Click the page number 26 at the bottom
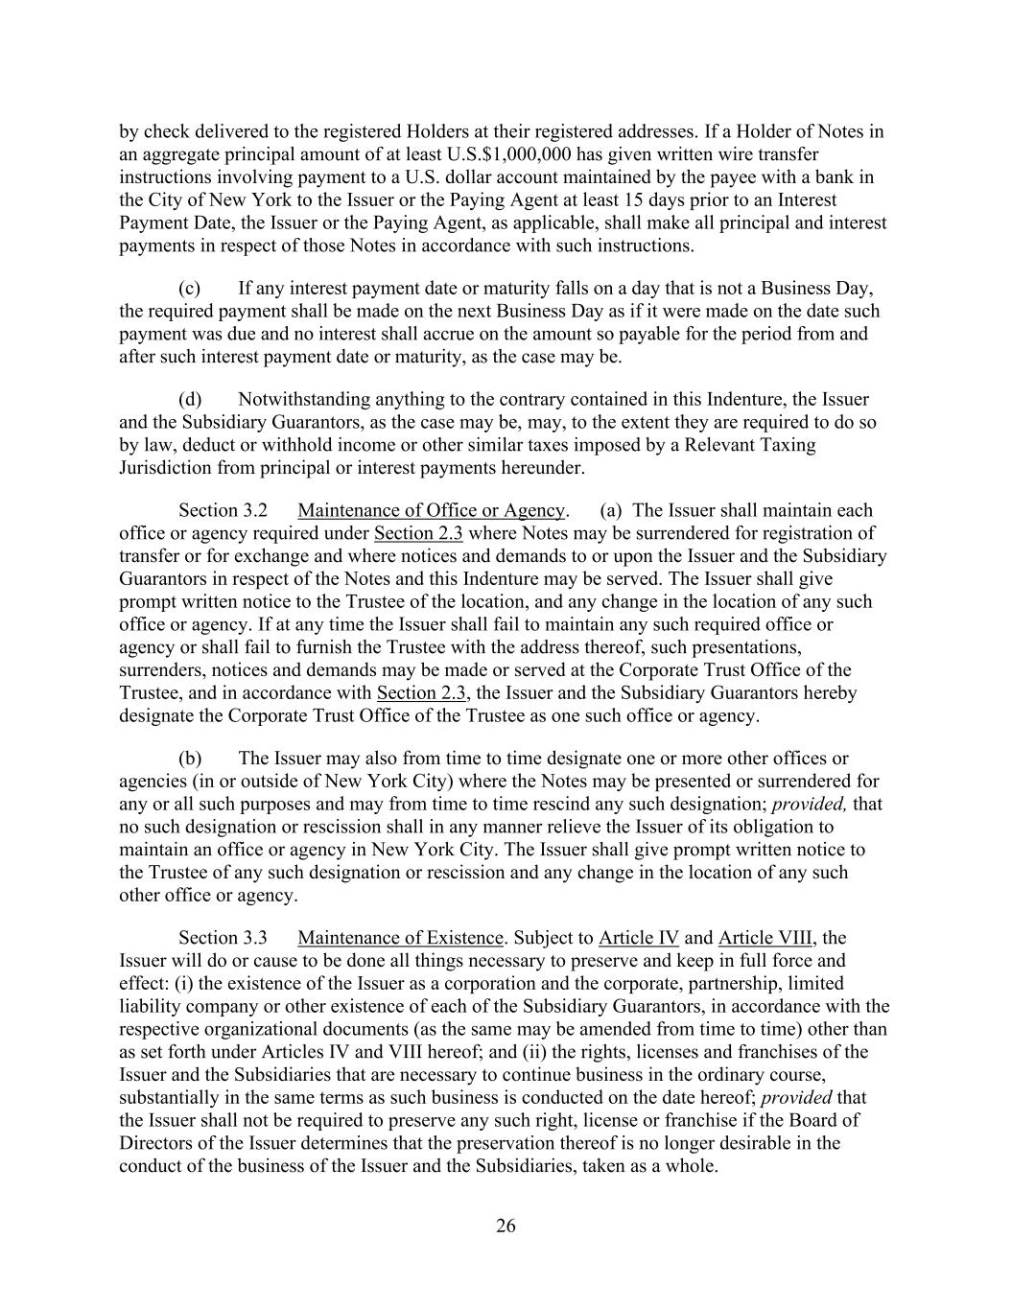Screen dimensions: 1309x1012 pyautogui.click(x=506, y=1226)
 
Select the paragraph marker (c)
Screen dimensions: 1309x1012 pyautogui.click(x=190, y=289)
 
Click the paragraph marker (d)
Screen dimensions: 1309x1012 pyautogui.click(x=190, y=400)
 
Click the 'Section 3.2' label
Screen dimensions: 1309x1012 pyautogui.click(x=223, y=510)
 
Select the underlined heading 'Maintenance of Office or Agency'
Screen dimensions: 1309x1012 pyautogui.click(x=431, y=510)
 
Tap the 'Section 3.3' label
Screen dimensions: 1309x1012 pyautogui.click(x=223, y=938)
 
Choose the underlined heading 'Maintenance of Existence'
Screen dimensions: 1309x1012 pyautogui.click(x=400, y=938)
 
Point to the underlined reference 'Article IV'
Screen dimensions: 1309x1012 pyautogui.click(x=639, y=938)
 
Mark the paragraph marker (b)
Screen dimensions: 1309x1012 pyautogui.click(x=190, y=759)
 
